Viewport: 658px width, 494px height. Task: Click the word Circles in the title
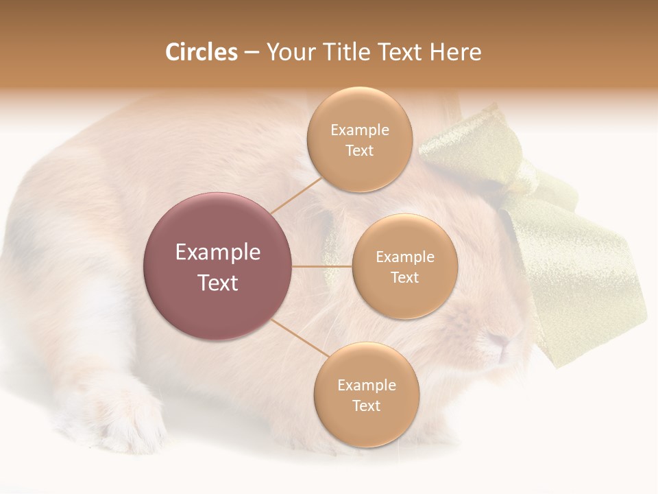tap(201, 52)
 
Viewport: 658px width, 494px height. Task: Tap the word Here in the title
tap(455, 52)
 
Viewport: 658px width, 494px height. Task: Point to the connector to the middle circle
tap(322, 266)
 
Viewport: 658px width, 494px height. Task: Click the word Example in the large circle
tap(218, 252)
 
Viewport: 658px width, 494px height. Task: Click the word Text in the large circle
tap(218, 283)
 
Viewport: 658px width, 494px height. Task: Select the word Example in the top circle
tap(359, 130)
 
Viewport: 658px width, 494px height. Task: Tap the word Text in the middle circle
tap(404, 278)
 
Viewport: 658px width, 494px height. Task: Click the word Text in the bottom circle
tap(366, 406)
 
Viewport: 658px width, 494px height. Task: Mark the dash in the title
tap(252, 53)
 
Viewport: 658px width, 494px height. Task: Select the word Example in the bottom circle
tap(366, 386)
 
